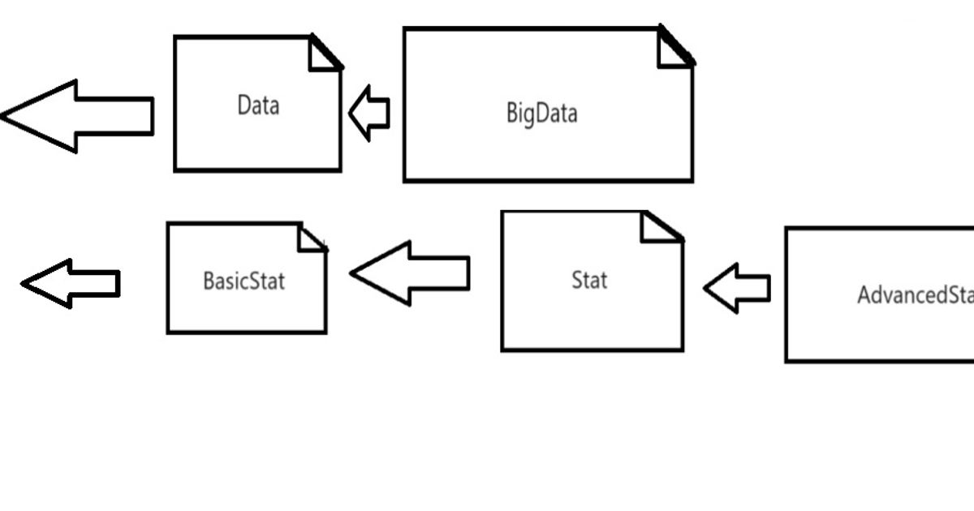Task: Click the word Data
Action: (x=258, y=105)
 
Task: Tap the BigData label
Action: (x=541, y=113)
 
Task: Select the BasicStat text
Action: (x=243, y=281)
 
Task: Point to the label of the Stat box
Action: (x=589, y=281)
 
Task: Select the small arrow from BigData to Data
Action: (x=370, y=114)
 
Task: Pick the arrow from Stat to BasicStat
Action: (x=410, y=273)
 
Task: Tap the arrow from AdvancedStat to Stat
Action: (x=737, y=288)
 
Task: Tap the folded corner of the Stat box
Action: (x=659, y=227)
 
